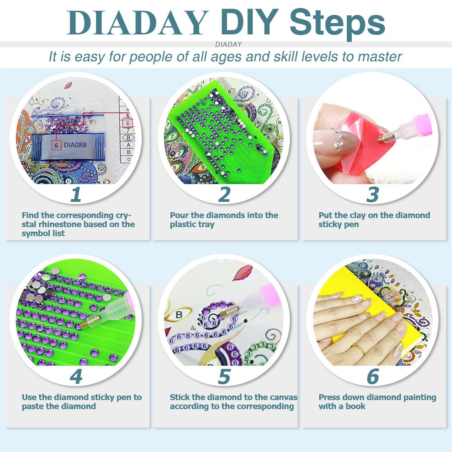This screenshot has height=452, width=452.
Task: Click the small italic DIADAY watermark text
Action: coord(228,44)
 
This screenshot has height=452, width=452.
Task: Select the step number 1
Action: coord(75,194)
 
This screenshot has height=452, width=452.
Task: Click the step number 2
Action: coord(224,194)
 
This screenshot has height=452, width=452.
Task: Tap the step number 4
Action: coord(75,377)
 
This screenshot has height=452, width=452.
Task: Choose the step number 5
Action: coord(224,377)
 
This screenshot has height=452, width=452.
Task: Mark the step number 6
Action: coord(373,377)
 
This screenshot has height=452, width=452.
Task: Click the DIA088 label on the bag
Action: coord(75,145)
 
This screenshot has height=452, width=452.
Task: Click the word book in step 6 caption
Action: coord(356,406)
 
